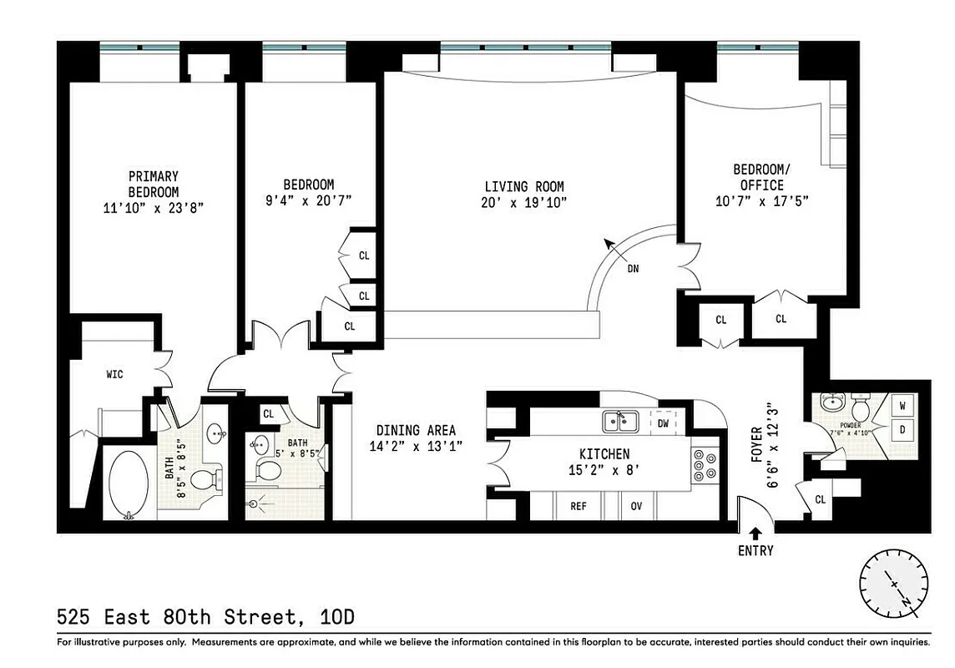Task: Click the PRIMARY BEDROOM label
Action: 153,184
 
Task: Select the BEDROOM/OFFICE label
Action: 760,178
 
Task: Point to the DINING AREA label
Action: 416,430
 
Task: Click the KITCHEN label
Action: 604,454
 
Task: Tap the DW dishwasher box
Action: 663,423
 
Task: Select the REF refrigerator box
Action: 579,506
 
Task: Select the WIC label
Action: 114,374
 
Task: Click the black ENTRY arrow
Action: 755,533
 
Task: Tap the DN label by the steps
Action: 634,269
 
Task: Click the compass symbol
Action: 893,584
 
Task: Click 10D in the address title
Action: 337,617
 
